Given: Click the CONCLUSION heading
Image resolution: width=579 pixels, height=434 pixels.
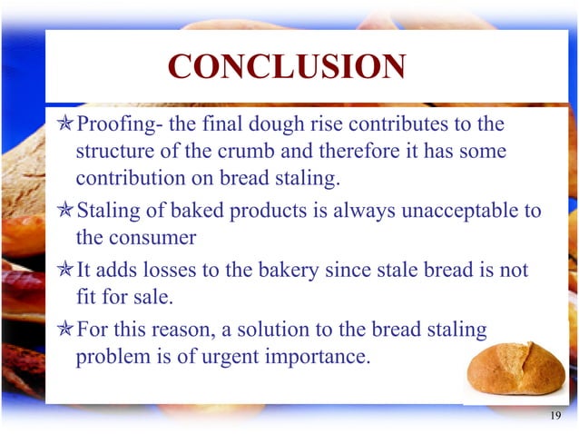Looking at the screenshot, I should click(x=287, y=67).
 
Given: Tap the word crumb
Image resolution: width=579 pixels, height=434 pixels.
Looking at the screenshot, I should click(x=243, y=152).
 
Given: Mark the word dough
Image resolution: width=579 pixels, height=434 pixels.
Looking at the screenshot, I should click(x=264, y=123).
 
